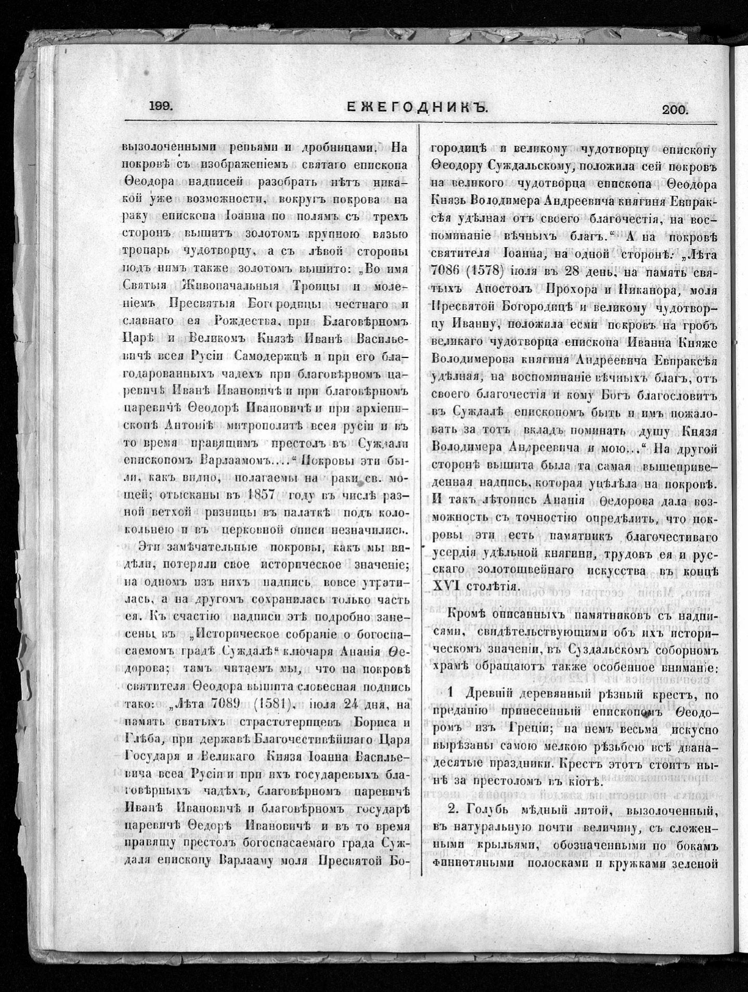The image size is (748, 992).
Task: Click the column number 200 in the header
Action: [x=675, y=109]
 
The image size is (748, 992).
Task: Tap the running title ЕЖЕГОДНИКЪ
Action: [x=417, y=108]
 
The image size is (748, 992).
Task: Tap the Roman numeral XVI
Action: [x=445, y=586]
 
